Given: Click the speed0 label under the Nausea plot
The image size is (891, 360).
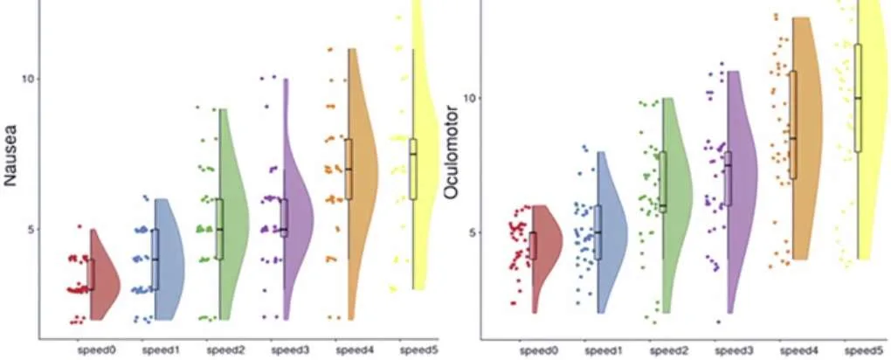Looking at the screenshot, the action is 97,350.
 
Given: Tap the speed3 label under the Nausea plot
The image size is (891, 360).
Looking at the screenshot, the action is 289,350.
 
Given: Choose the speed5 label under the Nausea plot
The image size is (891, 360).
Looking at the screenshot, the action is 418,350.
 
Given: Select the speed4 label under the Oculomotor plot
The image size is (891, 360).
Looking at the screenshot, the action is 796,350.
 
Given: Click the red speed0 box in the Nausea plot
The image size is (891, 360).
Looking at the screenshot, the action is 90,274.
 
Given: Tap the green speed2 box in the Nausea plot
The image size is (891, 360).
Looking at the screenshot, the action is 219,229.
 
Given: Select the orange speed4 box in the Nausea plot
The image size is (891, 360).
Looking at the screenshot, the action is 349,169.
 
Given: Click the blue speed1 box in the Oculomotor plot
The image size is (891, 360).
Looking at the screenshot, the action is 597,232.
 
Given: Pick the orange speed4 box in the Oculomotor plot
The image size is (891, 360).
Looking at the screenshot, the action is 792,125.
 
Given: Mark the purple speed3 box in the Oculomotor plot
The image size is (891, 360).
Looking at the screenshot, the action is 728,178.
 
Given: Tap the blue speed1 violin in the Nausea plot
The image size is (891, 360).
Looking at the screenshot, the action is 169,260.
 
